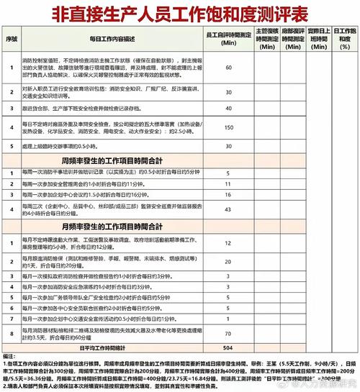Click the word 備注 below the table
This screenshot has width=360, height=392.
click(9, 356)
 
